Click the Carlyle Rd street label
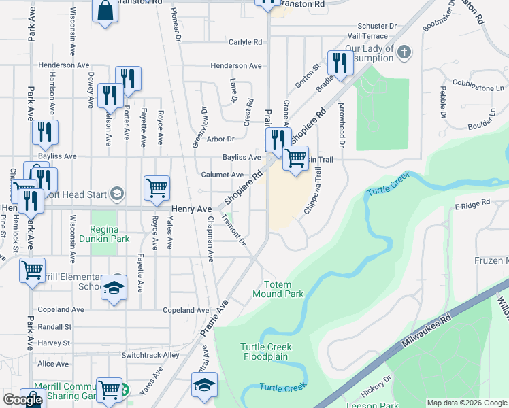(x=245, y=42)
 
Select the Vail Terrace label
(x=367, y=35)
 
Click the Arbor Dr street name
(x=221, y=139)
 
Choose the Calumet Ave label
(x=223, y=175)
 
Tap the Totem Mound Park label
(x=278, y=290)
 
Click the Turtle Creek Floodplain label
(x=265, y=352)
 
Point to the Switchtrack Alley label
(x=150, y=355)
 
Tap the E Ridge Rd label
(x=472, y=204)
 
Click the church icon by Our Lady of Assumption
(x=404, y=52)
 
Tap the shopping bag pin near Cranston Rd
(x=105, y=11)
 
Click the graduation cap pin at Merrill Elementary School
(x=114, y=287)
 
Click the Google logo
(x=22, y=401)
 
